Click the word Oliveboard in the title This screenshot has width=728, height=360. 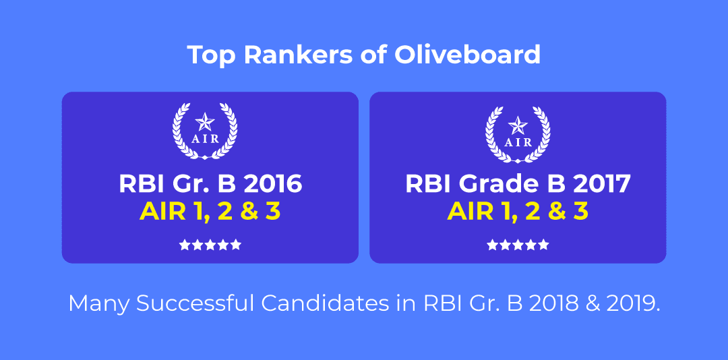point(467,55)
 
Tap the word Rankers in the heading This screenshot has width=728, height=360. point(295,55)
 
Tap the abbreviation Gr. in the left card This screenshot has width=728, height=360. point(189,183)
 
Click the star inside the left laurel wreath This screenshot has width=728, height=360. point(205,122)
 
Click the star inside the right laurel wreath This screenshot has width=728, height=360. point(518,125)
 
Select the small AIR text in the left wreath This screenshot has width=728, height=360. point(205,140)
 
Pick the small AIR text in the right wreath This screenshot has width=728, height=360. point(518,143)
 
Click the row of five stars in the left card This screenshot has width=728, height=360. point(210,245)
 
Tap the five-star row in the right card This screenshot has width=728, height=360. point(518,245)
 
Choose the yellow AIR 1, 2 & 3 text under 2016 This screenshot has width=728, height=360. point(210,212)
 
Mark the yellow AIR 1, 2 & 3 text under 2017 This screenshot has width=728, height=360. point(518,212)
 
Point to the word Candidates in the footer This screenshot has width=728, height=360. point(324,304)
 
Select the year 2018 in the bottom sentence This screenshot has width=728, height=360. point(551,304)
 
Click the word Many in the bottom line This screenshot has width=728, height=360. point(99,305)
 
